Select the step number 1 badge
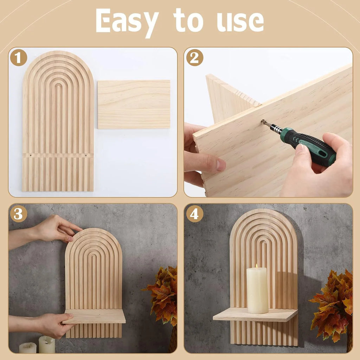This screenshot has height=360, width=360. [18, 57]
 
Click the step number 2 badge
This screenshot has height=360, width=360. [194, 57]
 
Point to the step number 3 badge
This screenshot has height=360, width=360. [18, 213]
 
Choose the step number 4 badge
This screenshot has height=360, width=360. [194, 213]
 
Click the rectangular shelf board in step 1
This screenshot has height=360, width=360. [134, 104]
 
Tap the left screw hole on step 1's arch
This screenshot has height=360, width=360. [31, 155]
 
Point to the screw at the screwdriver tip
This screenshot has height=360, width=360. [263, 122]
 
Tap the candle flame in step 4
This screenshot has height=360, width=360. [257, 266]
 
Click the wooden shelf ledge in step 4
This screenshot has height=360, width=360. [255, 315]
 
